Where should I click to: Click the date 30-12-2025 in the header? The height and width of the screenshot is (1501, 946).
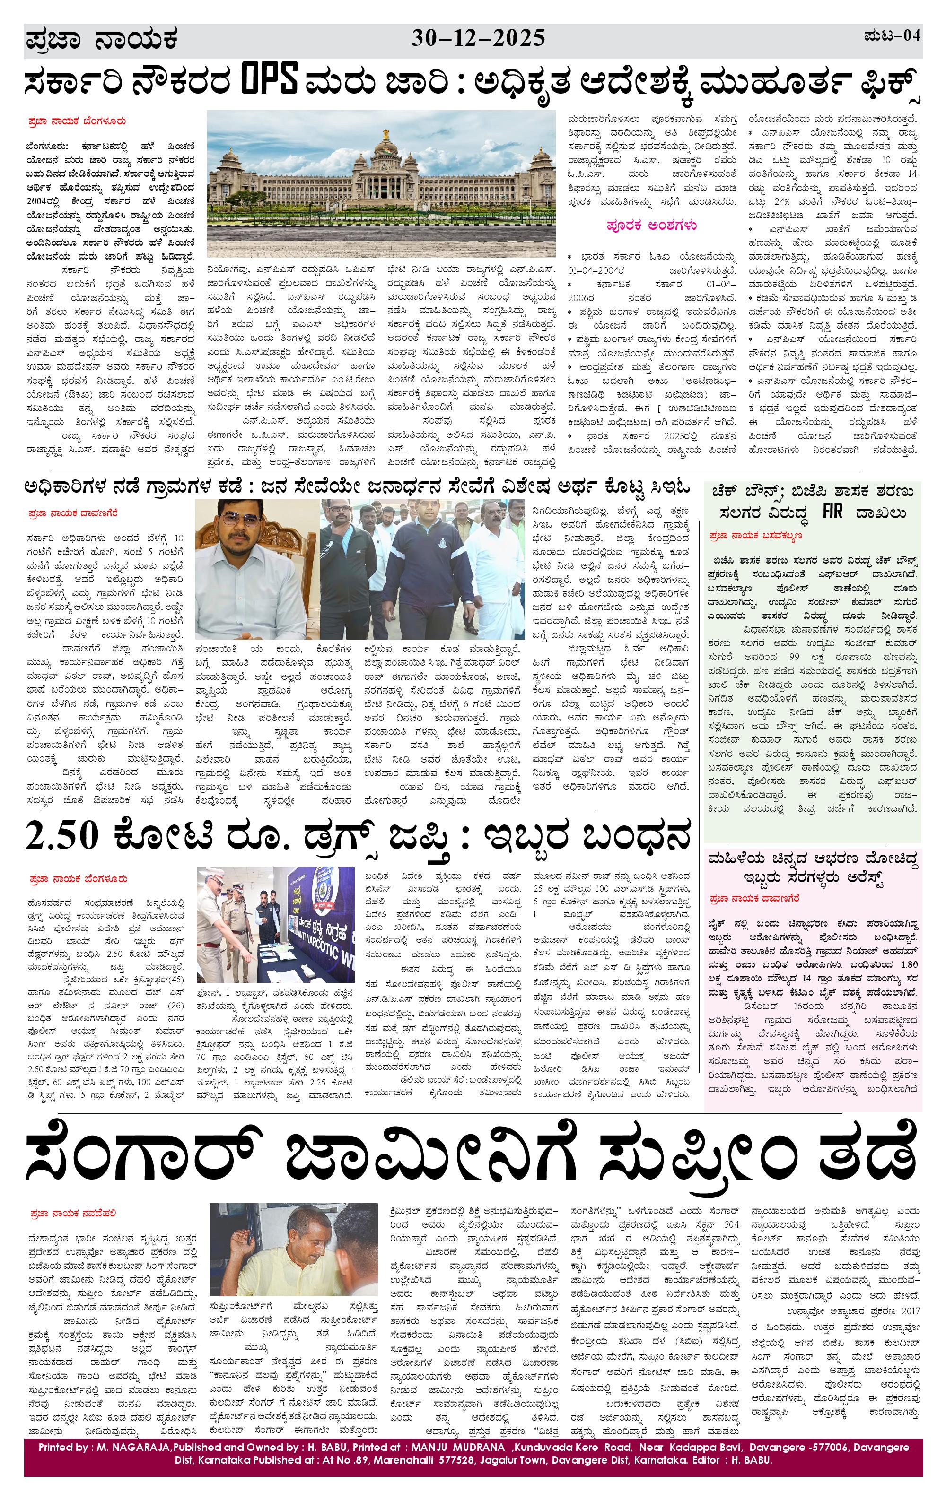(478, 39)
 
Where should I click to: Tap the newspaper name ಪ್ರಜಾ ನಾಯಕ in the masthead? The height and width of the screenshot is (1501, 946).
(102, 40)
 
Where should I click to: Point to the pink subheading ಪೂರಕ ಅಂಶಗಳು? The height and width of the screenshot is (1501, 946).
(652, 226)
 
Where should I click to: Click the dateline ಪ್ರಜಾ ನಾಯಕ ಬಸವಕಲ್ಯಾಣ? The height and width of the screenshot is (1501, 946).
(755, 536)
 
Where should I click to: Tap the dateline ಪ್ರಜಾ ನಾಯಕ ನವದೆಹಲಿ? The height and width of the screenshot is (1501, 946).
(72, 1214)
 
